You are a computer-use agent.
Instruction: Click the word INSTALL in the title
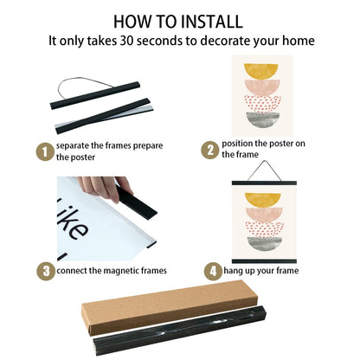click(212, 22)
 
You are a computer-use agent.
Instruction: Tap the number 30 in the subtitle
click(126, 41)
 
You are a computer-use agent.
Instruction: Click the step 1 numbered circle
click(45, 151)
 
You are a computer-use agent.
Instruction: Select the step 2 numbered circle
click(210, 150)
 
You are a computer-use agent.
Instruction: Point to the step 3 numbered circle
click(46, 272)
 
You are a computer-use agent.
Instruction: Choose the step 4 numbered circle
click(213, 271)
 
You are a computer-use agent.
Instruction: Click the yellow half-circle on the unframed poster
click(261, 72)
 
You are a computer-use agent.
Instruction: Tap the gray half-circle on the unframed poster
click(263, 119)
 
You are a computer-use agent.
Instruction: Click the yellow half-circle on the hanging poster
click(263, 200)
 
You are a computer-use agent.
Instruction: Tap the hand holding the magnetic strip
click(106, 188)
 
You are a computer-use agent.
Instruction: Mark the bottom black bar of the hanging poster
click(264, 261)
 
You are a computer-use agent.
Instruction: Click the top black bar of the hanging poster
click(264, 183)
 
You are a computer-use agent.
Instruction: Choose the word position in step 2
click(237, 144)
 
